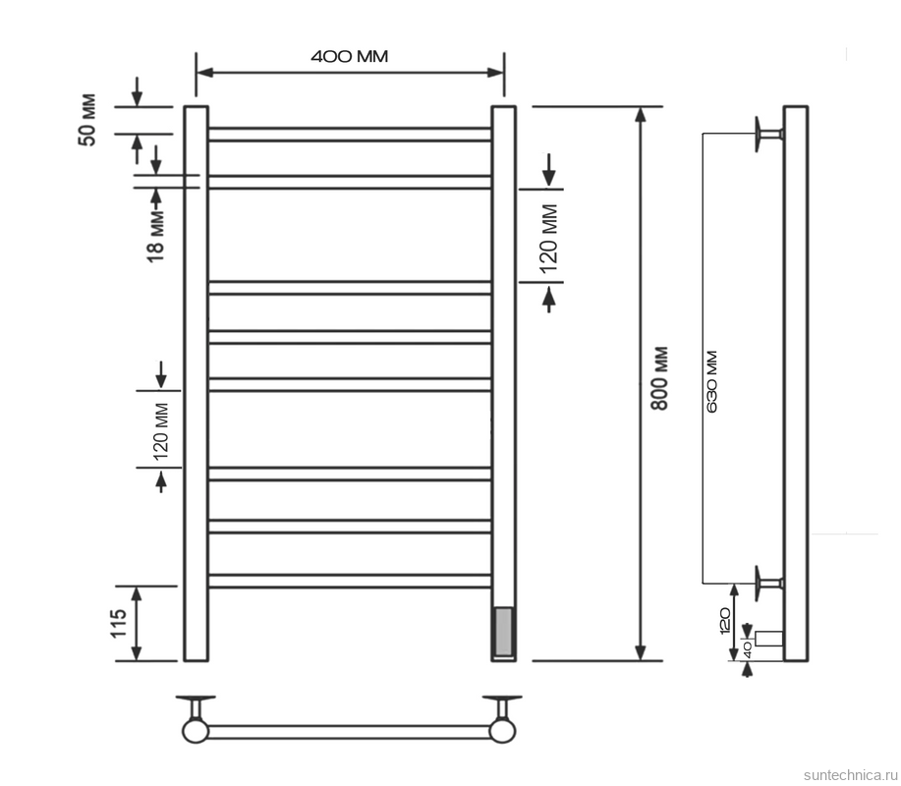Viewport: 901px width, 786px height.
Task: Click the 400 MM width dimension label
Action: coord(350,56)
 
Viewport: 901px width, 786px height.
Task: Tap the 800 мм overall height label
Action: coord(660,378)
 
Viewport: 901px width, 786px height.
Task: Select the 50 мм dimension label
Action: coord(87,120)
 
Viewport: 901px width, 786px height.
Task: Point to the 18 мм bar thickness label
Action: coord(156,237)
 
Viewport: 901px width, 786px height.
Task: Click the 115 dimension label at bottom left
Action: coord(118,624)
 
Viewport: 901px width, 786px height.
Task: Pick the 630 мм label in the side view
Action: coord(712,381)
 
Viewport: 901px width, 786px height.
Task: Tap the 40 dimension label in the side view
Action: coord(747,649)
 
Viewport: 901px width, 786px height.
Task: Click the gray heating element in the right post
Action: coord(503,632)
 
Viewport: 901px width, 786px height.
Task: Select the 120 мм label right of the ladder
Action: coord(549,238)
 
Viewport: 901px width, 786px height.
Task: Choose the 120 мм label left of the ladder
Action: coord(161,431)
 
